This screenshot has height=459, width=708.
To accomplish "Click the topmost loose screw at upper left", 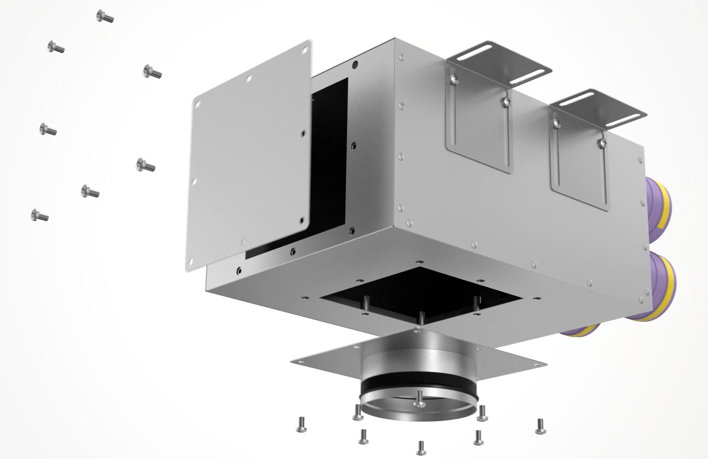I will pos(105,17).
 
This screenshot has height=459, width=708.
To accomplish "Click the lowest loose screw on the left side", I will pos(39,215).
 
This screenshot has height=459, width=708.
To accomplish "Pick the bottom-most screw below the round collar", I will pos(420,447).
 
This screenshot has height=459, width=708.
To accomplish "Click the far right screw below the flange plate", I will pos(540,426).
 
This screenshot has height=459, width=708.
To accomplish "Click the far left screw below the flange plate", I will pos(301,424).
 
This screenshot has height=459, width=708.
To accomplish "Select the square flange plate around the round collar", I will pos(328,359).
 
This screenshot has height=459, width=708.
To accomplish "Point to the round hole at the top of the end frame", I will pos(355,63).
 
